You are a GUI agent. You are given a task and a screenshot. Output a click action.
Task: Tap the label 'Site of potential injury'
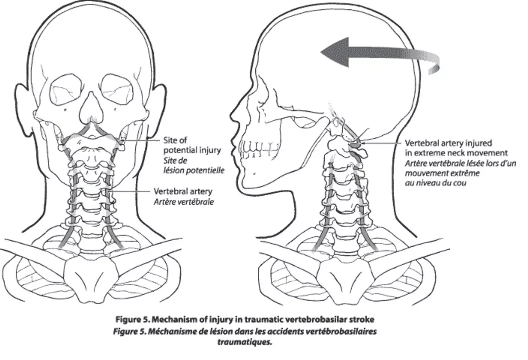click(192, 145)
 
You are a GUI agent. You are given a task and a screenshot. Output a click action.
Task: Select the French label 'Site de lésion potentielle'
click(194, 165)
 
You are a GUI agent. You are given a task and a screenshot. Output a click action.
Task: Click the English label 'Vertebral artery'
click(183, 191)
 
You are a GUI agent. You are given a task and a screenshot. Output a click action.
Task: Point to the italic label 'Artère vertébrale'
click(184, 202)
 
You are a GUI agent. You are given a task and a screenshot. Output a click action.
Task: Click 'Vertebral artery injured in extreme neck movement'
click(456, 148)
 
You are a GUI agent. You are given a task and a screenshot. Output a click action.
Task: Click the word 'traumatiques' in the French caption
click(244, 342)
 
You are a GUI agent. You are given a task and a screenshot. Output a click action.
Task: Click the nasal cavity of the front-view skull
click(91, 108)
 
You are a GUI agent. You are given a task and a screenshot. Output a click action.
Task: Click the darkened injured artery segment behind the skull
click(355, 145)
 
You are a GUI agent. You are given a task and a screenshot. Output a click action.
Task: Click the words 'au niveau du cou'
click(436, 183)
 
